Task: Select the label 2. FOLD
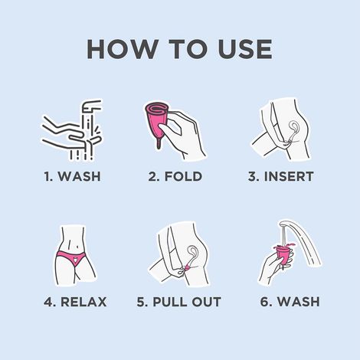(x=175, y=177)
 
